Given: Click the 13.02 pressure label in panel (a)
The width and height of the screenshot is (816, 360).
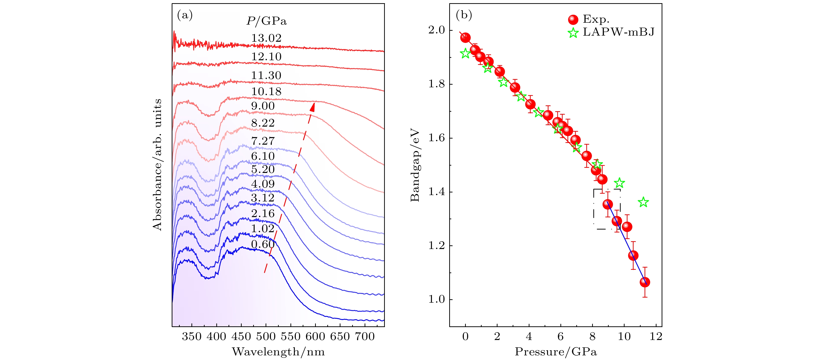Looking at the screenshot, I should (x=266, y=38).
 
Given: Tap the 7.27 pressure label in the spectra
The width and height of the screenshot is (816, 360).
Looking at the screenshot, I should (x=263, y=141).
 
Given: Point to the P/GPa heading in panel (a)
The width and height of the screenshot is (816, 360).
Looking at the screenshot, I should (x=266, y=21).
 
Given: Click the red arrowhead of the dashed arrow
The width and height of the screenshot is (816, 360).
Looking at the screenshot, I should (x=313, y=107).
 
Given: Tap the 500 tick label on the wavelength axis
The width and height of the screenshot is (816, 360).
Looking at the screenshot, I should (x=266, y=337).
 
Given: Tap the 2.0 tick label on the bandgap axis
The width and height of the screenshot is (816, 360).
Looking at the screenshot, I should (x=437, y=30).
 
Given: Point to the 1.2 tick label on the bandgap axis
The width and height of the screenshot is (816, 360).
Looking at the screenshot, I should (x=437, y=246).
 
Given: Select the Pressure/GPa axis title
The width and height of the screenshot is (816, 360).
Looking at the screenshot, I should (x=556, y=352).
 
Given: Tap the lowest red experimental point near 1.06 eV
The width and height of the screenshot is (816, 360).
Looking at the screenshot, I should (x=645, y=282).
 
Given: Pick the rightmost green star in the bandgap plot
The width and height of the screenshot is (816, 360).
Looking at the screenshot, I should (x=643, y=202).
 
